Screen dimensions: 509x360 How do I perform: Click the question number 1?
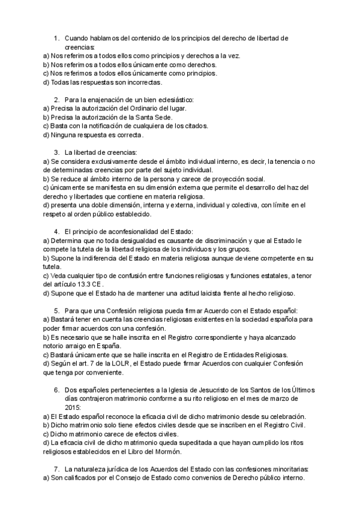pos(56,38)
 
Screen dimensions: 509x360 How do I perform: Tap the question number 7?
pos(56,468)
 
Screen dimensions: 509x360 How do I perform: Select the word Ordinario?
pos(149,108)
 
